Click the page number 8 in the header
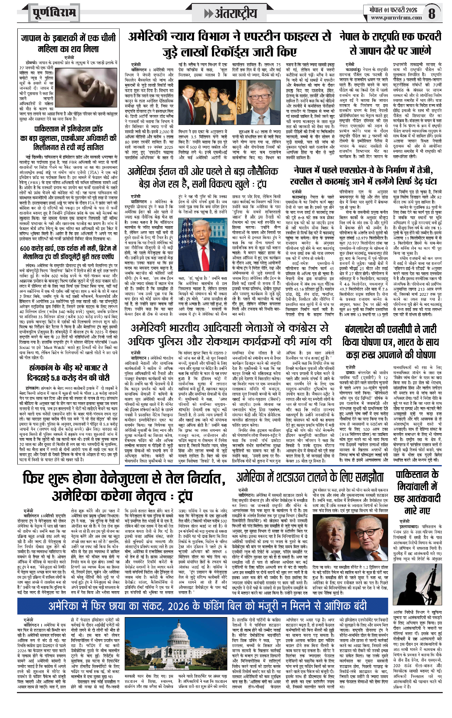coord(432,13)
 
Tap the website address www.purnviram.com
coord(396,17)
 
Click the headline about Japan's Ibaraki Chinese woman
coord(68,43)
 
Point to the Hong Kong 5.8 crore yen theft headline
coord(68,373)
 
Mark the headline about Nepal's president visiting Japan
coord(390,43)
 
